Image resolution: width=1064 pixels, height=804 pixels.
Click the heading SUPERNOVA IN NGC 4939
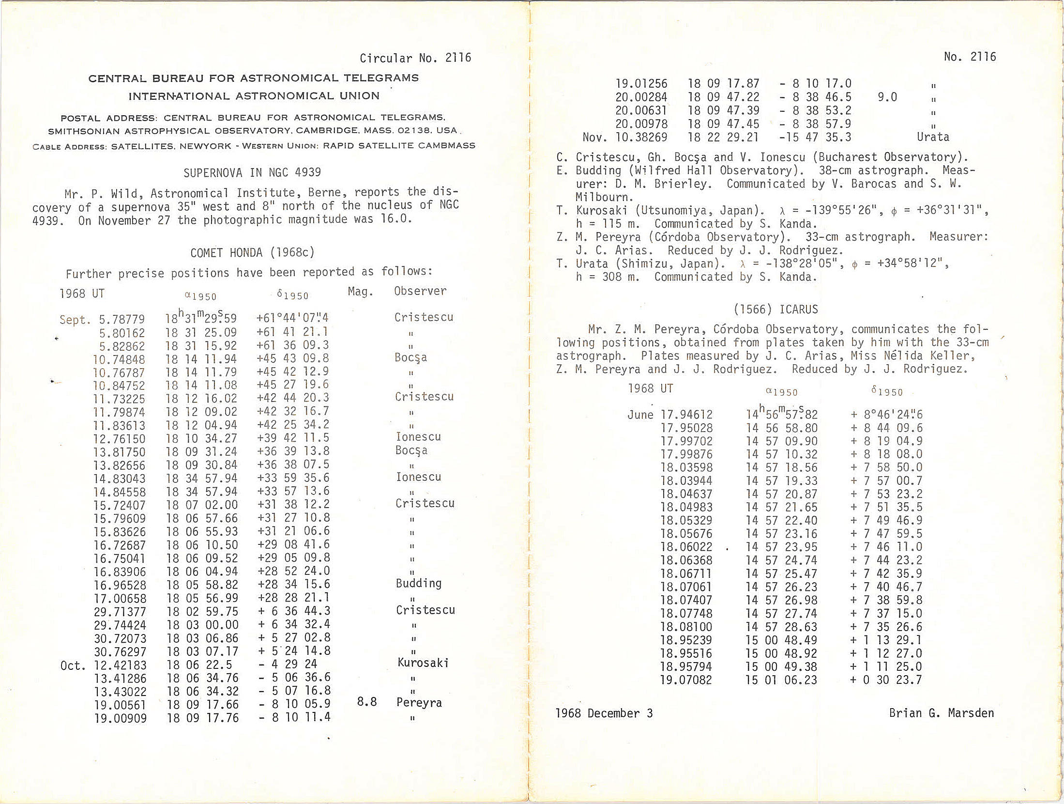(x=252, y=173)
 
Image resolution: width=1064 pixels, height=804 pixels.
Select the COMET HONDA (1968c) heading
(x=252, y=253)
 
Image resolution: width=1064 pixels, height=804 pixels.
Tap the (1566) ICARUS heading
(x=775, y=309)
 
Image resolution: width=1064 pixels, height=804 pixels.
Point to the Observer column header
(x=420, y=291)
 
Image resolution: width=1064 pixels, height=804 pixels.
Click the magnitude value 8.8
(x=366, y=702)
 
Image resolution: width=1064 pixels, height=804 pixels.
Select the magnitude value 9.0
(x=887, y=97)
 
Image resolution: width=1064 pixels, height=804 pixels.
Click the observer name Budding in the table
(x=419, y=583)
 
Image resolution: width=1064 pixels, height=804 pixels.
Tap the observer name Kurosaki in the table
(x=423, y=663)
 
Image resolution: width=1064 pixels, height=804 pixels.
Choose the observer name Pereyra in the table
(x=419, y=703)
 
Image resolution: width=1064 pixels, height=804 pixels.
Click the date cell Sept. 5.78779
(x=102, y=320)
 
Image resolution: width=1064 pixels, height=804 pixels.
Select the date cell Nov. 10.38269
(x=625, y=138)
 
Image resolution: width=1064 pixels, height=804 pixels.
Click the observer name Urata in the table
(x=933, y=137)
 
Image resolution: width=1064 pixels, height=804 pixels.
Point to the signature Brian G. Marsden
(x=941, y=713)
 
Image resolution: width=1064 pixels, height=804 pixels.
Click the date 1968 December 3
(x=604, y=713)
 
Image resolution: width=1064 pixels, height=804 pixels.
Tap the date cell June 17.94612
(x=670, y=415)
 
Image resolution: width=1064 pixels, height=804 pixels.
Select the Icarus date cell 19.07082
(x=686, y=680)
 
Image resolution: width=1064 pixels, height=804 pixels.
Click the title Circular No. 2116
(x=415, y=59)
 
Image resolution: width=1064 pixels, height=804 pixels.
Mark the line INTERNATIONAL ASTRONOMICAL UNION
(x=254, y=96)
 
